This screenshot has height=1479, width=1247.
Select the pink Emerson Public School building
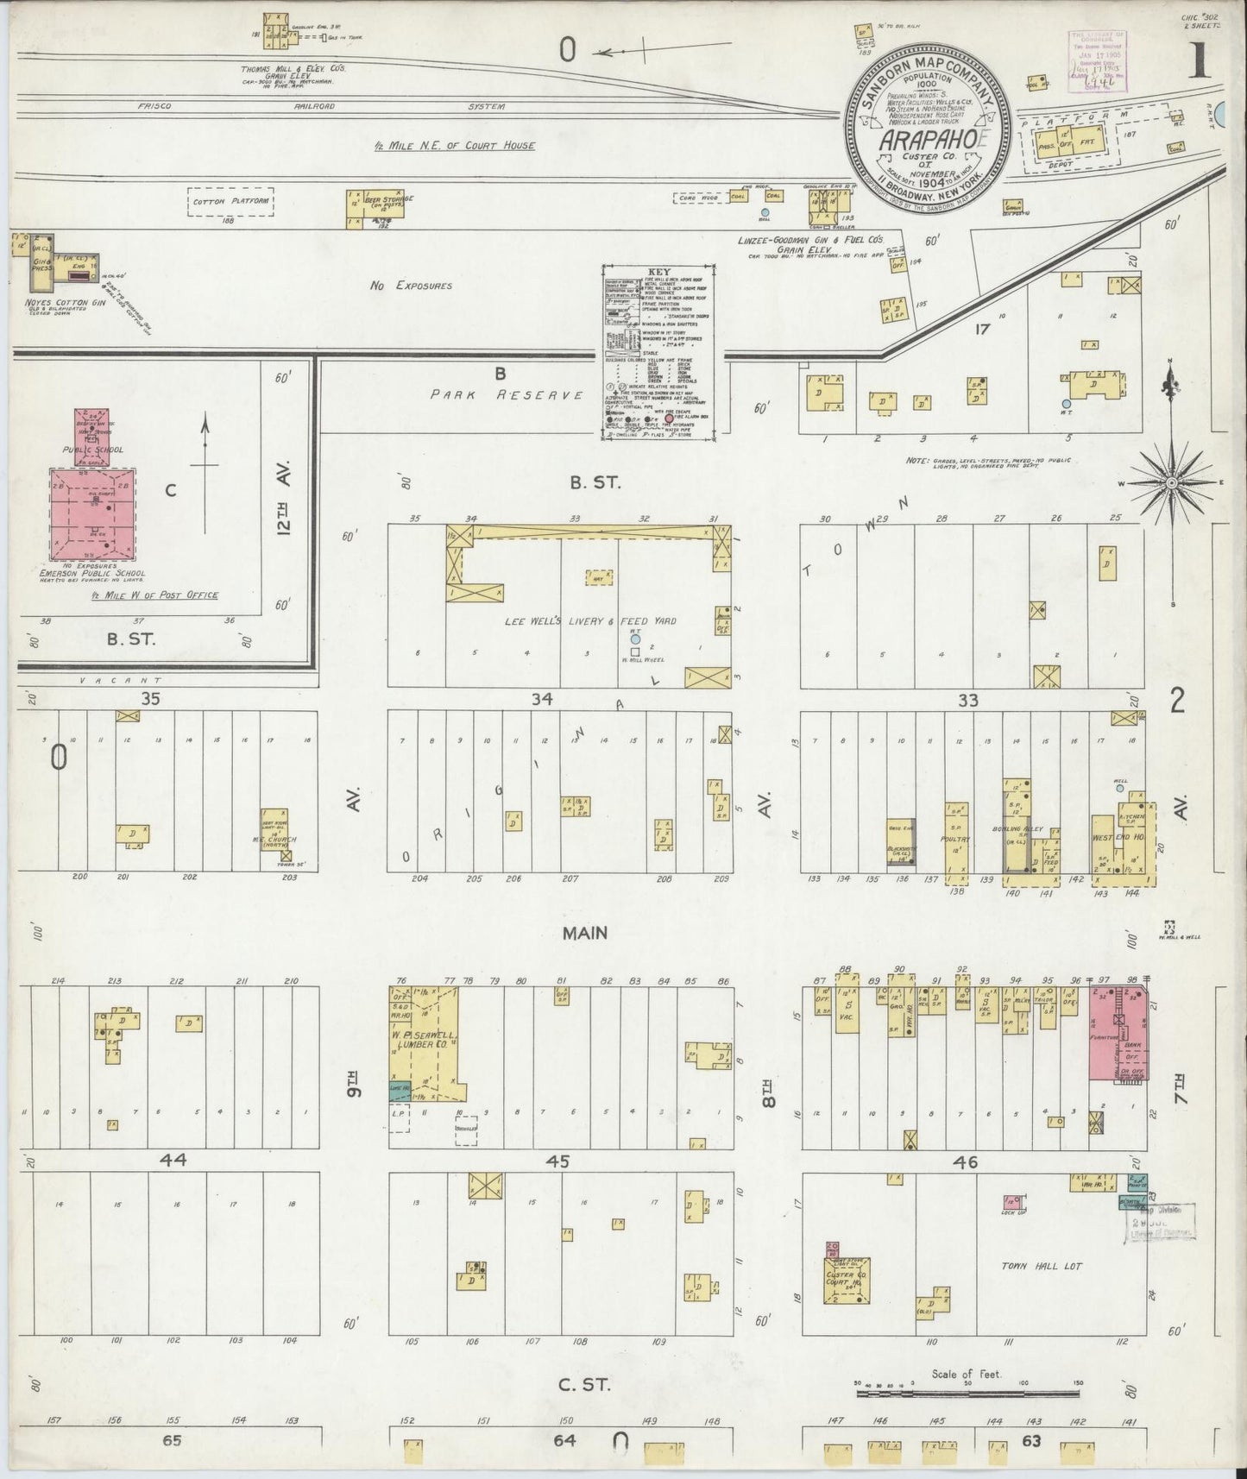pyautogui.click(x=92, y=512)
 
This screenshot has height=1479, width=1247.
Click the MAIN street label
pyautogui.click(x=585, y=933)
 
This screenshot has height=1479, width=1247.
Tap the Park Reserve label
pyautogui.click(x=507, y=394)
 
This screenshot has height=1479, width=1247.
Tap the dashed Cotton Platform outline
pyautogui.click(x=231, y=201)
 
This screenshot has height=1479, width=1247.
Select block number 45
pyautogui.click(x=557, y=1161)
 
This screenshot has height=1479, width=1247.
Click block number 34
pyautogui.click(x=541, y=699)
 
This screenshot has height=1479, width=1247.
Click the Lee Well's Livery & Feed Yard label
pyautogui.click(x=591, y=620)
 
